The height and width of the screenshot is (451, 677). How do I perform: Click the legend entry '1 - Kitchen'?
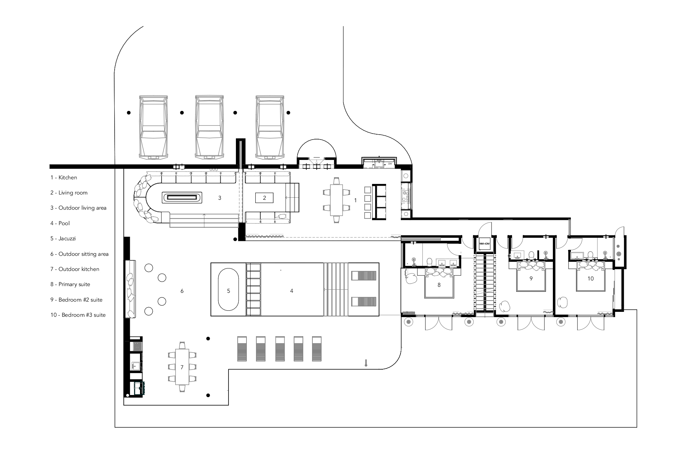click(63, 178)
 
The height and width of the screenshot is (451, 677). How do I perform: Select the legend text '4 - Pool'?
click(60, 223)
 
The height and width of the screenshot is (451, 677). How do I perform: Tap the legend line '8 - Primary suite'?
click(70, 284)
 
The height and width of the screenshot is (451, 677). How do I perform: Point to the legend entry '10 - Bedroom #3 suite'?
click(78, 315)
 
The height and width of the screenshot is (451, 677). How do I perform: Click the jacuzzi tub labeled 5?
click(228, 290)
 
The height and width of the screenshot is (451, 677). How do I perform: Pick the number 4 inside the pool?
click(292, 291)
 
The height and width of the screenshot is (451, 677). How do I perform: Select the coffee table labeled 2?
click(264, 198)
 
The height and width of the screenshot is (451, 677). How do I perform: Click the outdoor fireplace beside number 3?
click(182, 197)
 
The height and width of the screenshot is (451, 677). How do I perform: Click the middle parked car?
click(209, 126)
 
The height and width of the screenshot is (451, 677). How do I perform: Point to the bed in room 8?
click(439, 283)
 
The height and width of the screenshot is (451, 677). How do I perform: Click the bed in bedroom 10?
click(591, 276)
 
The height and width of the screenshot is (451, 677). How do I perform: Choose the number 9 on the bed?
click(531, 278)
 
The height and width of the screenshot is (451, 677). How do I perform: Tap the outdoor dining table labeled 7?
click(182, 367)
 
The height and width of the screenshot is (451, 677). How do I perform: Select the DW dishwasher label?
click(390, 164)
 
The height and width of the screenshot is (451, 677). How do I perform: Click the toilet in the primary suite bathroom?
click(429, 261)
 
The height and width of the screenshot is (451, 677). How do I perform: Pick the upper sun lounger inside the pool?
click(364, 275)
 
